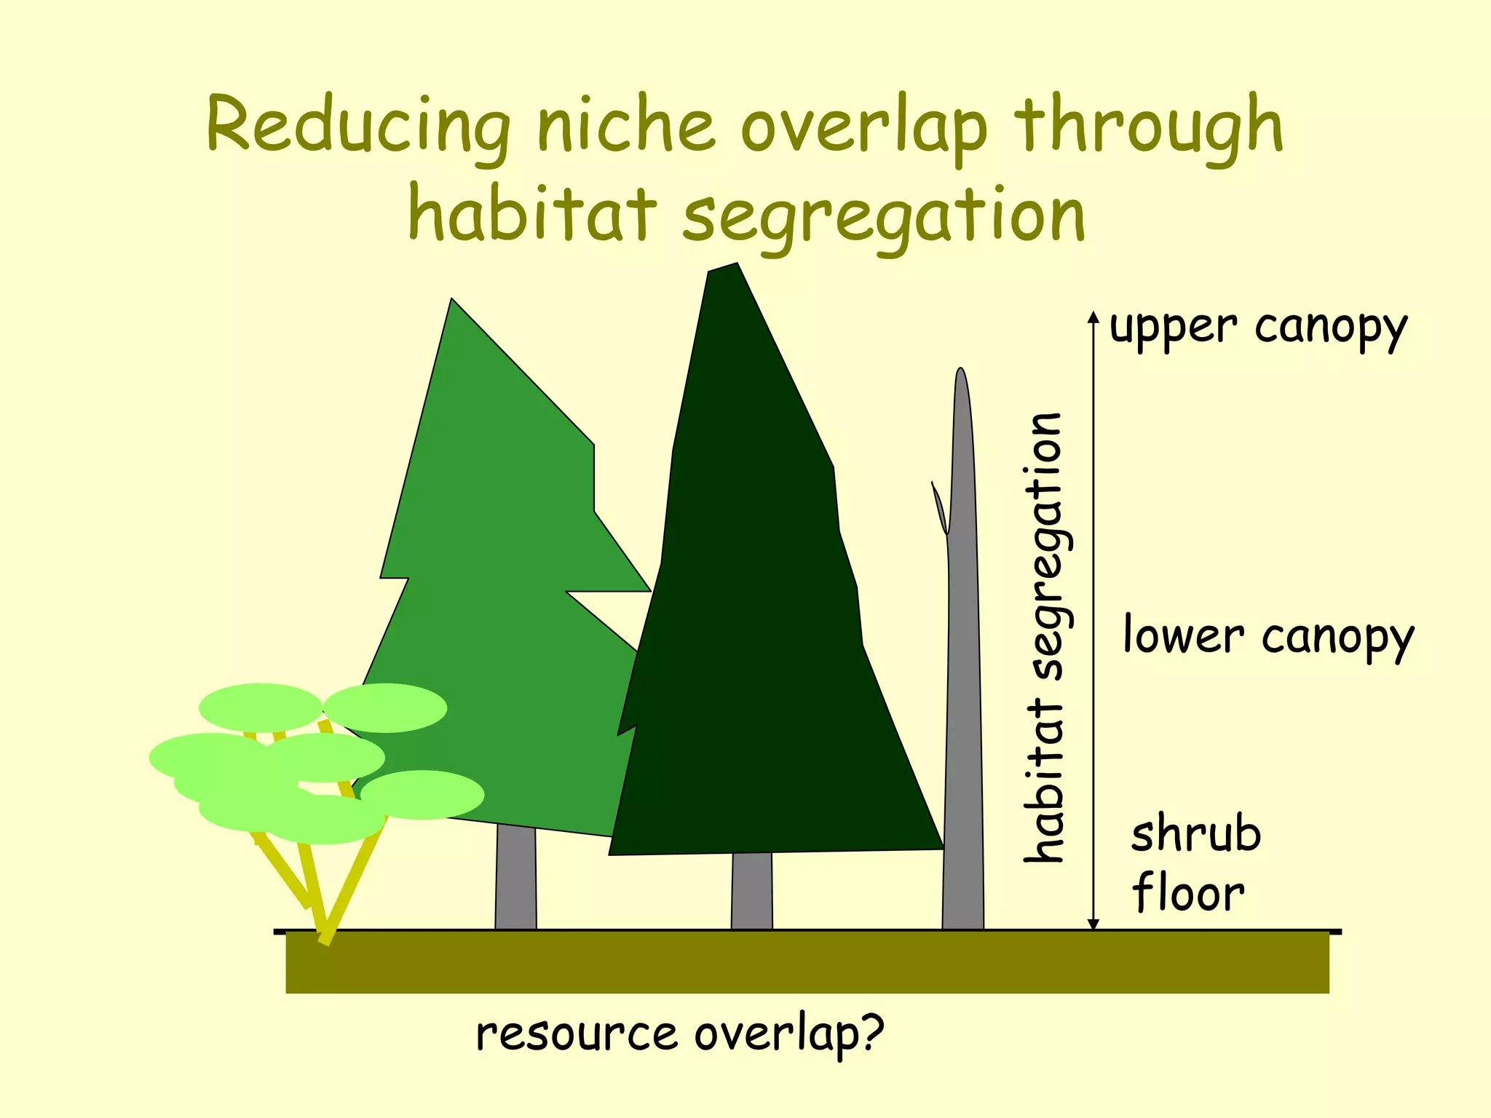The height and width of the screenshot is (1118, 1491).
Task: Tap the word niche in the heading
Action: [x=626, y=125]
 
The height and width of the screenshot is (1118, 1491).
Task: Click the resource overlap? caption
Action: [x=680, y=1034]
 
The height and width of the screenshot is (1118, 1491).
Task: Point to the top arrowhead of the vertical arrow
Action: [x=1093, y=317]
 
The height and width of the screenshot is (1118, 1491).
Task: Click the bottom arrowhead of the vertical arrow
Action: [x=1093, y=924]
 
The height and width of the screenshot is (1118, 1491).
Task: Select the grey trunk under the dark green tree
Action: [x=751, y=891]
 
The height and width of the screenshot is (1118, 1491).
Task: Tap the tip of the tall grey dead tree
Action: [x=961, y=370]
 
